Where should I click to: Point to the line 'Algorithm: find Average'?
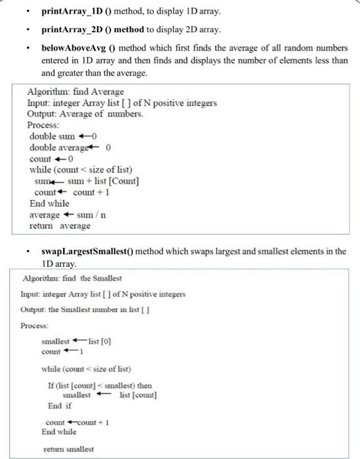pyautogui.click(x=75, y=92)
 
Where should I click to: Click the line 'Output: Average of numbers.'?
pyautogui.click(x=85, y=113)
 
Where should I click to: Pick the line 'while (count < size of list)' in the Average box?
pyautogui.click(x=85, y=170)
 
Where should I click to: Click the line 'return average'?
pyautogui.click(x=60, y=226)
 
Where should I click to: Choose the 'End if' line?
pyautogui.click(x=60, y=405)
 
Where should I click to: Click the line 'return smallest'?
pyautogui.click(x=68, y=449)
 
